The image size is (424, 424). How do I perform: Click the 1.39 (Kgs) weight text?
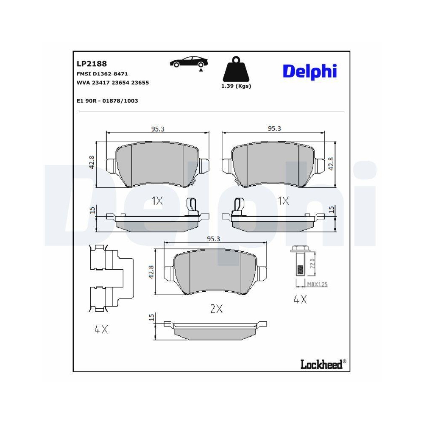[x=236, y=86]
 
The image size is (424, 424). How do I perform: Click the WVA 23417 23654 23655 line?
[x=112, y=83]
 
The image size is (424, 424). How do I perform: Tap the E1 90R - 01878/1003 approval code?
[x=107, y=100]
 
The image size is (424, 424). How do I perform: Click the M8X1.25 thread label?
[x=317, y=285]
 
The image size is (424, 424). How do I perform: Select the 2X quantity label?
[x=216, y=310]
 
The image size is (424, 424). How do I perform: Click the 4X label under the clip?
[x=101, y=329]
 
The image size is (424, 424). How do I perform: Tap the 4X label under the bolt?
[x=300, y=300]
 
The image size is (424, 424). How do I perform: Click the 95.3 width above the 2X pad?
[x=213, y=239]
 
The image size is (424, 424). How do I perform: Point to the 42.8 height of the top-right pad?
[x=332, y=164]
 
